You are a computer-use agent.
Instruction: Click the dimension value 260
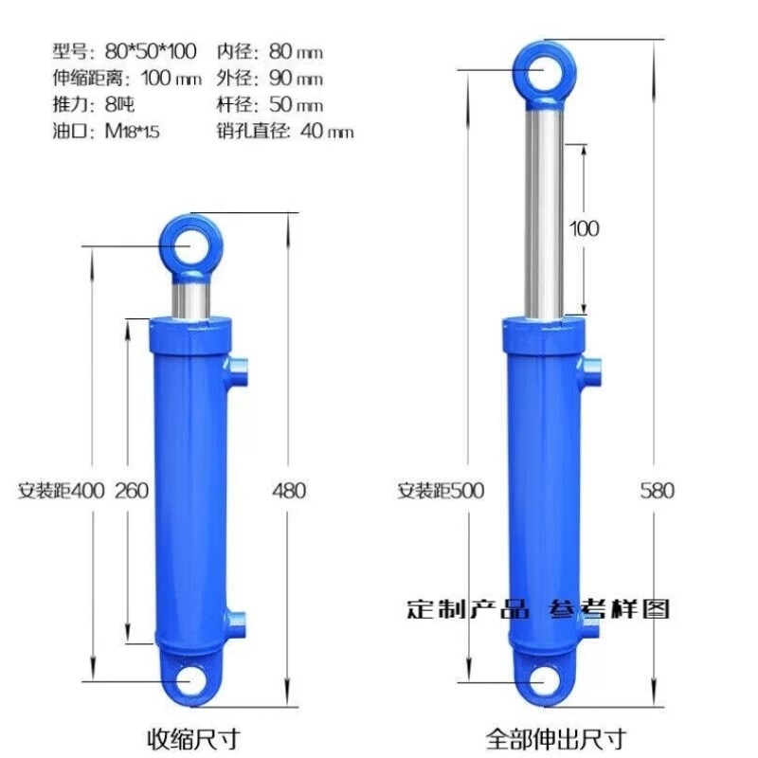click(132, 491)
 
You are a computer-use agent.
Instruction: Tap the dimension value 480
click(289, 491)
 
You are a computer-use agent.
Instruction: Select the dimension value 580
click(657, 491)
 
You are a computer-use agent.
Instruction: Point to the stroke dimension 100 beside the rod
click(585, 228)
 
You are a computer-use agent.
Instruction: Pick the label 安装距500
click(441, 491)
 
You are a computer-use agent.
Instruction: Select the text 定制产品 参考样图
click(538, 608)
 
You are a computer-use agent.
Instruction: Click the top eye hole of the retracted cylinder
click(191, 247)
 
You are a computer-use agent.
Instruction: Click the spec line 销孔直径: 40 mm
click(285, 132)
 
